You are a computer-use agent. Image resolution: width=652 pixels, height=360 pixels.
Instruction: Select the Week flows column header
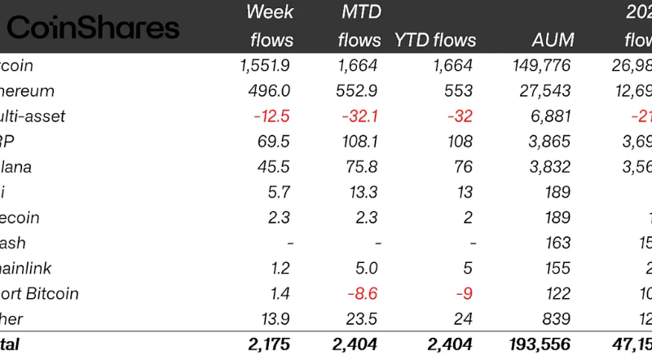coord(270,26)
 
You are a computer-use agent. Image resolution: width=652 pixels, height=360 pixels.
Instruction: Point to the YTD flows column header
coord(434,40)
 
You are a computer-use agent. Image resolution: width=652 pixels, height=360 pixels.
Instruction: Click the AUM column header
coord(552,40)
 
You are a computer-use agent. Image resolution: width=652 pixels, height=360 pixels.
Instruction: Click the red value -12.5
coord(271,116)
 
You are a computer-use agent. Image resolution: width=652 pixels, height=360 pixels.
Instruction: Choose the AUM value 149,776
coord(542,66)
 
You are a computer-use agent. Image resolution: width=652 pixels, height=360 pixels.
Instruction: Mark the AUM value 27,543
coord(548,91)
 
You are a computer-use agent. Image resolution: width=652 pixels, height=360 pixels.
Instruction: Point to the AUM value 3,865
coord(553,142)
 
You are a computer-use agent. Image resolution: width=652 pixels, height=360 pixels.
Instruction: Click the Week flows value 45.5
coord(274,167)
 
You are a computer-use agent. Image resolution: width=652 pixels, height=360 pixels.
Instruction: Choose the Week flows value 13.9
coord(275,319)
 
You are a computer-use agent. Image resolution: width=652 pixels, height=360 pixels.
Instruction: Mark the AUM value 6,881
coord(553,116)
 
